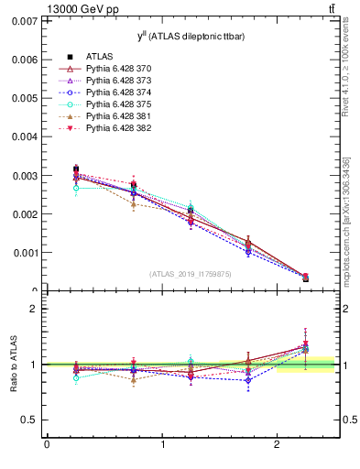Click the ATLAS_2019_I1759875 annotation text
[x=190, y=274]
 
